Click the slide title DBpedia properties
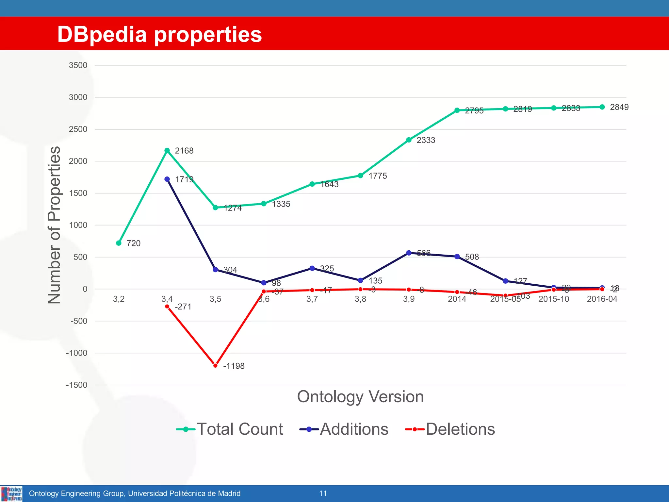159,34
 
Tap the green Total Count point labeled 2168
167,150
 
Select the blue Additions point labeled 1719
167,179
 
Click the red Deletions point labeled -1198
215,365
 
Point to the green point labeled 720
119,243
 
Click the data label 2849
619,107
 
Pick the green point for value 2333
409,140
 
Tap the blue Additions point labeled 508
457,257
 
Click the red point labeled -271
167,307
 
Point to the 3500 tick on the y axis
78,65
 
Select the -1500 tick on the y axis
77,385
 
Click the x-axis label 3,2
119,299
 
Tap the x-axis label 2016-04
602,299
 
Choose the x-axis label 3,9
409,299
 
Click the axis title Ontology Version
360,397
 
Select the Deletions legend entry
450,429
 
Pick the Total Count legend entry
230,429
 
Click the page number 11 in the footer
323,494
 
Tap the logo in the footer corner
11,494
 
